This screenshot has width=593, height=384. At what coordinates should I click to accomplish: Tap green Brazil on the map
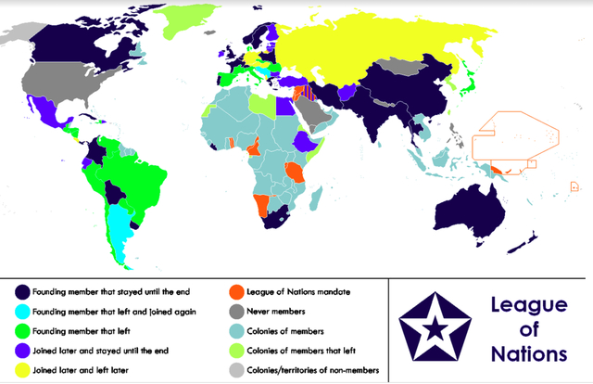point(130,172)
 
